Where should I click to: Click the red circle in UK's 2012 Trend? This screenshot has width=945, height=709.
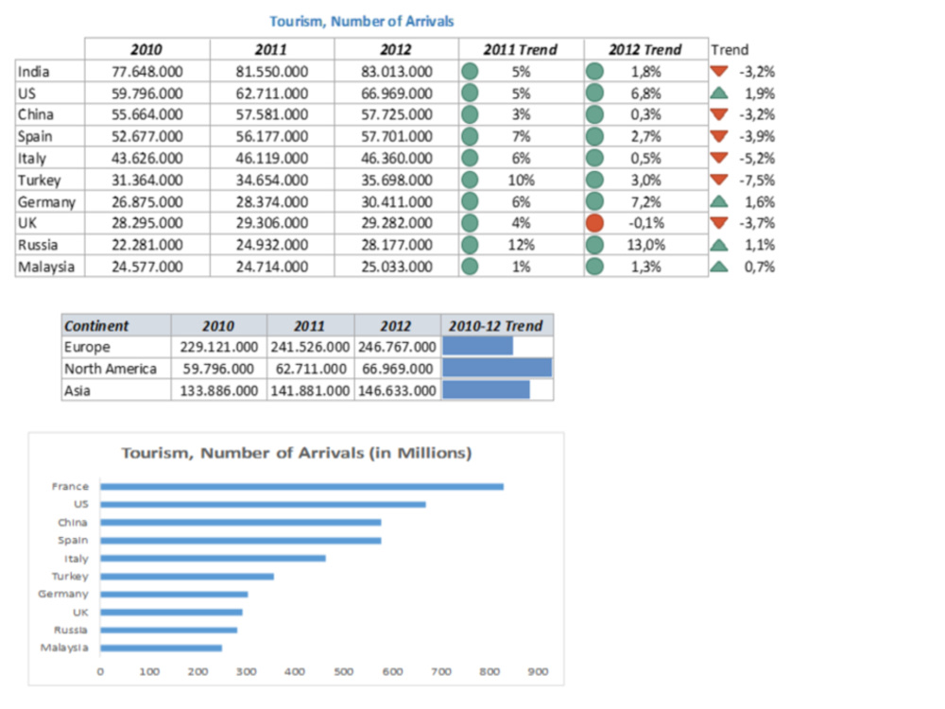coord(594,223)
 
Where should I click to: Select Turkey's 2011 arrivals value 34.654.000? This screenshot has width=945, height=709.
coord(272,181)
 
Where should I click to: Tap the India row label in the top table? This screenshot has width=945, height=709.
coord(34,72)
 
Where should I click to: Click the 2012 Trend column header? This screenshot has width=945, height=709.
coord(644,49)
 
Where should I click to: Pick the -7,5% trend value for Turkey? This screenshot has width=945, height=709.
coord(757,181)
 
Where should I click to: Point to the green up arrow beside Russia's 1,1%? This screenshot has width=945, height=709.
coord(718,245)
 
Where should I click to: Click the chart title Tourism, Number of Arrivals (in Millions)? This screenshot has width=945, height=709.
coord(297,453)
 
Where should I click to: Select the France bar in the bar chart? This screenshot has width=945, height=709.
coord(302,487)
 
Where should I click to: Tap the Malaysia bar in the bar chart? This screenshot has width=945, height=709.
coord(161,648)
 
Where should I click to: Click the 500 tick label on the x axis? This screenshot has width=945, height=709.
coord(344,671)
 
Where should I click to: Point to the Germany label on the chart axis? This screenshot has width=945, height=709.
coord(63,594)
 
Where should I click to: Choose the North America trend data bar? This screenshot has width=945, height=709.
coord(497,369)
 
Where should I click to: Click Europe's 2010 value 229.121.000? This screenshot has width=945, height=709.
coord(219,347)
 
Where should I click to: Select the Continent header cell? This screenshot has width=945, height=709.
coord(96,325)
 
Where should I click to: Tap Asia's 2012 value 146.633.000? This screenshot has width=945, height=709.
coord(397,390)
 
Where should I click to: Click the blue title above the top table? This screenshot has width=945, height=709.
coord(362,21)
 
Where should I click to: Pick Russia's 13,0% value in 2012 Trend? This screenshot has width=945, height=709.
coord(646,245)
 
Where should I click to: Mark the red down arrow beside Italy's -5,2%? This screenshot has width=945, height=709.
coord(718,158)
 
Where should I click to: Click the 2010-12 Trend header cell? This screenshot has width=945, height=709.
coord(496,325)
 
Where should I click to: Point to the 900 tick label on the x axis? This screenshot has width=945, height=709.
coord(539,671)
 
